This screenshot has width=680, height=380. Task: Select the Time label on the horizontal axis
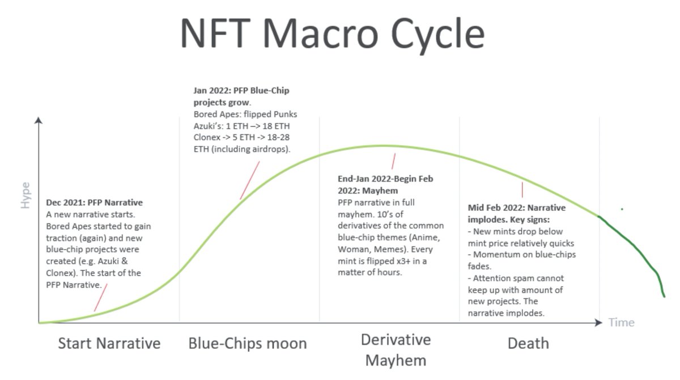[621, 323]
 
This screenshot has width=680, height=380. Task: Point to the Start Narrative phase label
[109, 343]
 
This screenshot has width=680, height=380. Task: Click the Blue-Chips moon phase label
[247, 343]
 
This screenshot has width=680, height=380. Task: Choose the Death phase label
[528, 343]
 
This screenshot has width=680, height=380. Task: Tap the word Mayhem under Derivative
[396, 360]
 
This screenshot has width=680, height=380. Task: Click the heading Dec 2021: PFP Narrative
[94, 202]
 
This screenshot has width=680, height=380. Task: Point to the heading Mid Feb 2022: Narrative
[516, 208]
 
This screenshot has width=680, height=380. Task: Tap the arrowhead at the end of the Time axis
[599, 323]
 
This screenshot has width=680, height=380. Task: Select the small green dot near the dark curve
[622, 209]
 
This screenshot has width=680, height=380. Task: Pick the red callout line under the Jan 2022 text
[250, 180]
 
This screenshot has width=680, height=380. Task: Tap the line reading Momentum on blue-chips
[521, 255]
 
